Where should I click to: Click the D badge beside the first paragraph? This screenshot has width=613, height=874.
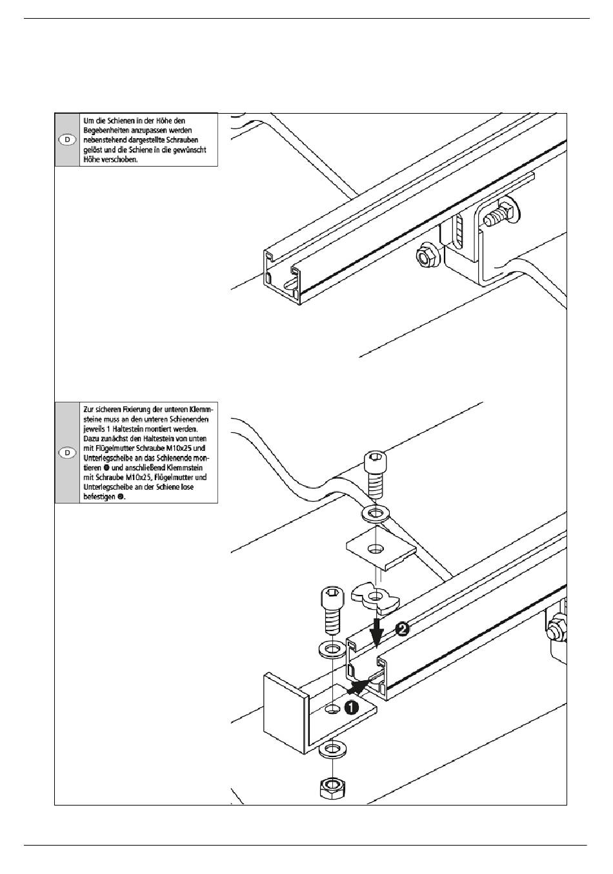[x=67, y=140]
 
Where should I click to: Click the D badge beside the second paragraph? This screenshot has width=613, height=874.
[x=67, y=453]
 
